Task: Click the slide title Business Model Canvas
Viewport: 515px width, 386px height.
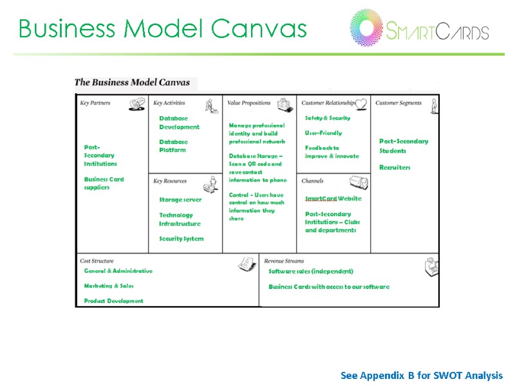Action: pyautogui.click(x=162, y=28)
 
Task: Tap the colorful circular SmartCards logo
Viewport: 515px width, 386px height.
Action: pyautogui.click(x=366, y=28)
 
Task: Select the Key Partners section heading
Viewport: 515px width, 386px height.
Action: pyautogui.click(x=95, y=103)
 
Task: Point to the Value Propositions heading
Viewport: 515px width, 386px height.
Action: pyautogui.click(x=248, y=103)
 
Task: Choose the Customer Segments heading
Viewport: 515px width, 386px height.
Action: pyautogui.click(x=398, y=103)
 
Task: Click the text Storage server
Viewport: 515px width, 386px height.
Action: pyautogui.click(x=180, y=199)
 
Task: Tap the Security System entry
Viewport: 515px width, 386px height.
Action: pyautogui.click(x=181, y=239)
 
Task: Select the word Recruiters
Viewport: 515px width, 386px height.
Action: pyautogui.click(x=395, y=167)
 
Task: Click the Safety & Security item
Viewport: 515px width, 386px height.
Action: pyautogui.click(x=328, y=118)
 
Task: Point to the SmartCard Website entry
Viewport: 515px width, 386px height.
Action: pyautogui.click(x=333, y=199)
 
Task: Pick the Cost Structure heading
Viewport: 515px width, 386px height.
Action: pyautogui.click(x=97, y=261)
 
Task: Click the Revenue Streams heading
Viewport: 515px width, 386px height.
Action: pyautogui.click(x=284, y=261)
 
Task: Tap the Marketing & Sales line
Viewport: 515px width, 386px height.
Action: pyautogui.click(x=109, y=286)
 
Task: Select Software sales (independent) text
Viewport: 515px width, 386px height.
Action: pyautogui.click(x=311, y=271)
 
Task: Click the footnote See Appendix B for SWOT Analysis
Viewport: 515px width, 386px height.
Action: pyautogui.click(x=422, y=375)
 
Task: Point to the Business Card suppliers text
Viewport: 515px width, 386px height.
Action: pyautogui.click(x=104, y=183)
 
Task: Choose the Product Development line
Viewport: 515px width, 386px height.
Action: pyautogui.click(x=113, y=300)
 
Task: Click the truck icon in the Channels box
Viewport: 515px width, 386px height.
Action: pyautogui.click(x=359, y=183)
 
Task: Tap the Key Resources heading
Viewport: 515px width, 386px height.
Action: pyautogui.click(x=170, y=181)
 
